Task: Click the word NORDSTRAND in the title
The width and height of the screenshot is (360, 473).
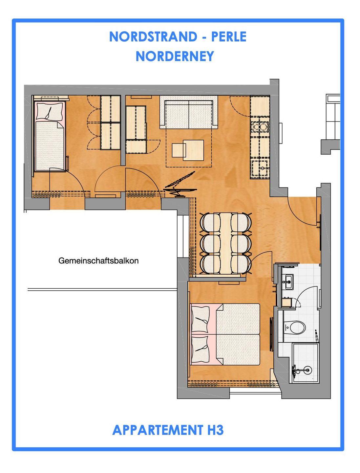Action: (x=153, y=37)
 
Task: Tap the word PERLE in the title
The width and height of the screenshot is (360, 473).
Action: (x=229, y=37)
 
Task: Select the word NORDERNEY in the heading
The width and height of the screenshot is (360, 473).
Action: (x=175, y=56)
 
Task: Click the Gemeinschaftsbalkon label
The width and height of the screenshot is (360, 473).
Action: (x=98, y=261)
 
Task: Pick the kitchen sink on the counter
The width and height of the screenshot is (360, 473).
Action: (x=260, y=168)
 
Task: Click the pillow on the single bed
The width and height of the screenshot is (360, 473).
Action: (x=50, y=111)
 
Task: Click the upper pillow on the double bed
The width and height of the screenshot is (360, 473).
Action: (x=200, y=319)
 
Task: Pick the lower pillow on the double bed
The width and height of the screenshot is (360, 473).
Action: (x=200, y=349)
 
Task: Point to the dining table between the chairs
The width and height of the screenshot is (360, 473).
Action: (x=226, y=243)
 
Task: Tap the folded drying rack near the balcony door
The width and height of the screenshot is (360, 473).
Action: (x=180, y=184)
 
